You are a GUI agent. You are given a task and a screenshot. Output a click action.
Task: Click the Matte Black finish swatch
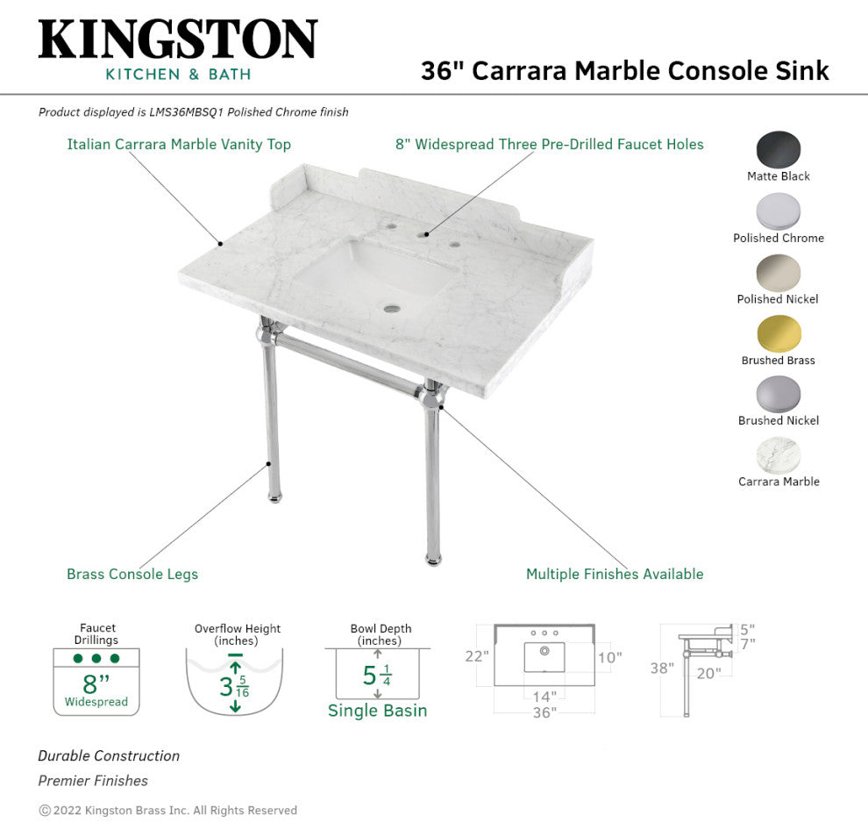(x=779, y=149)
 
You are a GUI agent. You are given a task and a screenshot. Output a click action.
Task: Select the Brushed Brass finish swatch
(x=779, y=334)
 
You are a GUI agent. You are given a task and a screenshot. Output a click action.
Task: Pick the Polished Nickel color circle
(x=779, y=273)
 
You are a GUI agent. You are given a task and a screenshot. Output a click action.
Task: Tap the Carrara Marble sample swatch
(x=779, y=455)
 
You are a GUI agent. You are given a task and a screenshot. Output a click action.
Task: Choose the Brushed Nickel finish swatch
(x=779, y=395)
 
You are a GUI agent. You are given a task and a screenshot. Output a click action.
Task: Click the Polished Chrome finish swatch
(x=779, y=211)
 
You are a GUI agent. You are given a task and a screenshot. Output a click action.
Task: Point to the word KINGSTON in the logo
(x=178, y=39)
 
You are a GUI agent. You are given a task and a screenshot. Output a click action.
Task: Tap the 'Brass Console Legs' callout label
(x=132, y=574)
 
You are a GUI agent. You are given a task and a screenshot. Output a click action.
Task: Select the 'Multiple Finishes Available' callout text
(x=615, y=574)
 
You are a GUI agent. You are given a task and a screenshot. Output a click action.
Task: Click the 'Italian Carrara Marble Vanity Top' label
(x=179, y=145)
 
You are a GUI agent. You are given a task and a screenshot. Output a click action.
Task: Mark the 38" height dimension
(x=662, y=668)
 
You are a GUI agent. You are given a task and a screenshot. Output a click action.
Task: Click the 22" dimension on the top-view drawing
(x=477, y=656)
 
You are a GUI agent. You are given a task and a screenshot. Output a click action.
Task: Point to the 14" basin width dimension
(x=544, y=697)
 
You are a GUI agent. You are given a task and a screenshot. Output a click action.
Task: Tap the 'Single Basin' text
(x=378, y=710)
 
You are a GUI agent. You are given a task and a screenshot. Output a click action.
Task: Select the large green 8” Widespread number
(x=96, y=683)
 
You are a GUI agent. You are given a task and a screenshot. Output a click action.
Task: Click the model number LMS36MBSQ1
(x=187, y=112)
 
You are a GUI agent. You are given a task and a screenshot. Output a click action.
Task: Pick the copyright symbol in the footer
(x=45, y=811)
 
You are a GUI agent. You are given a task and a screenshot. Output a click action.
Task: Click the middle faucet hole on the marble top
(x=426, y=235)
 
